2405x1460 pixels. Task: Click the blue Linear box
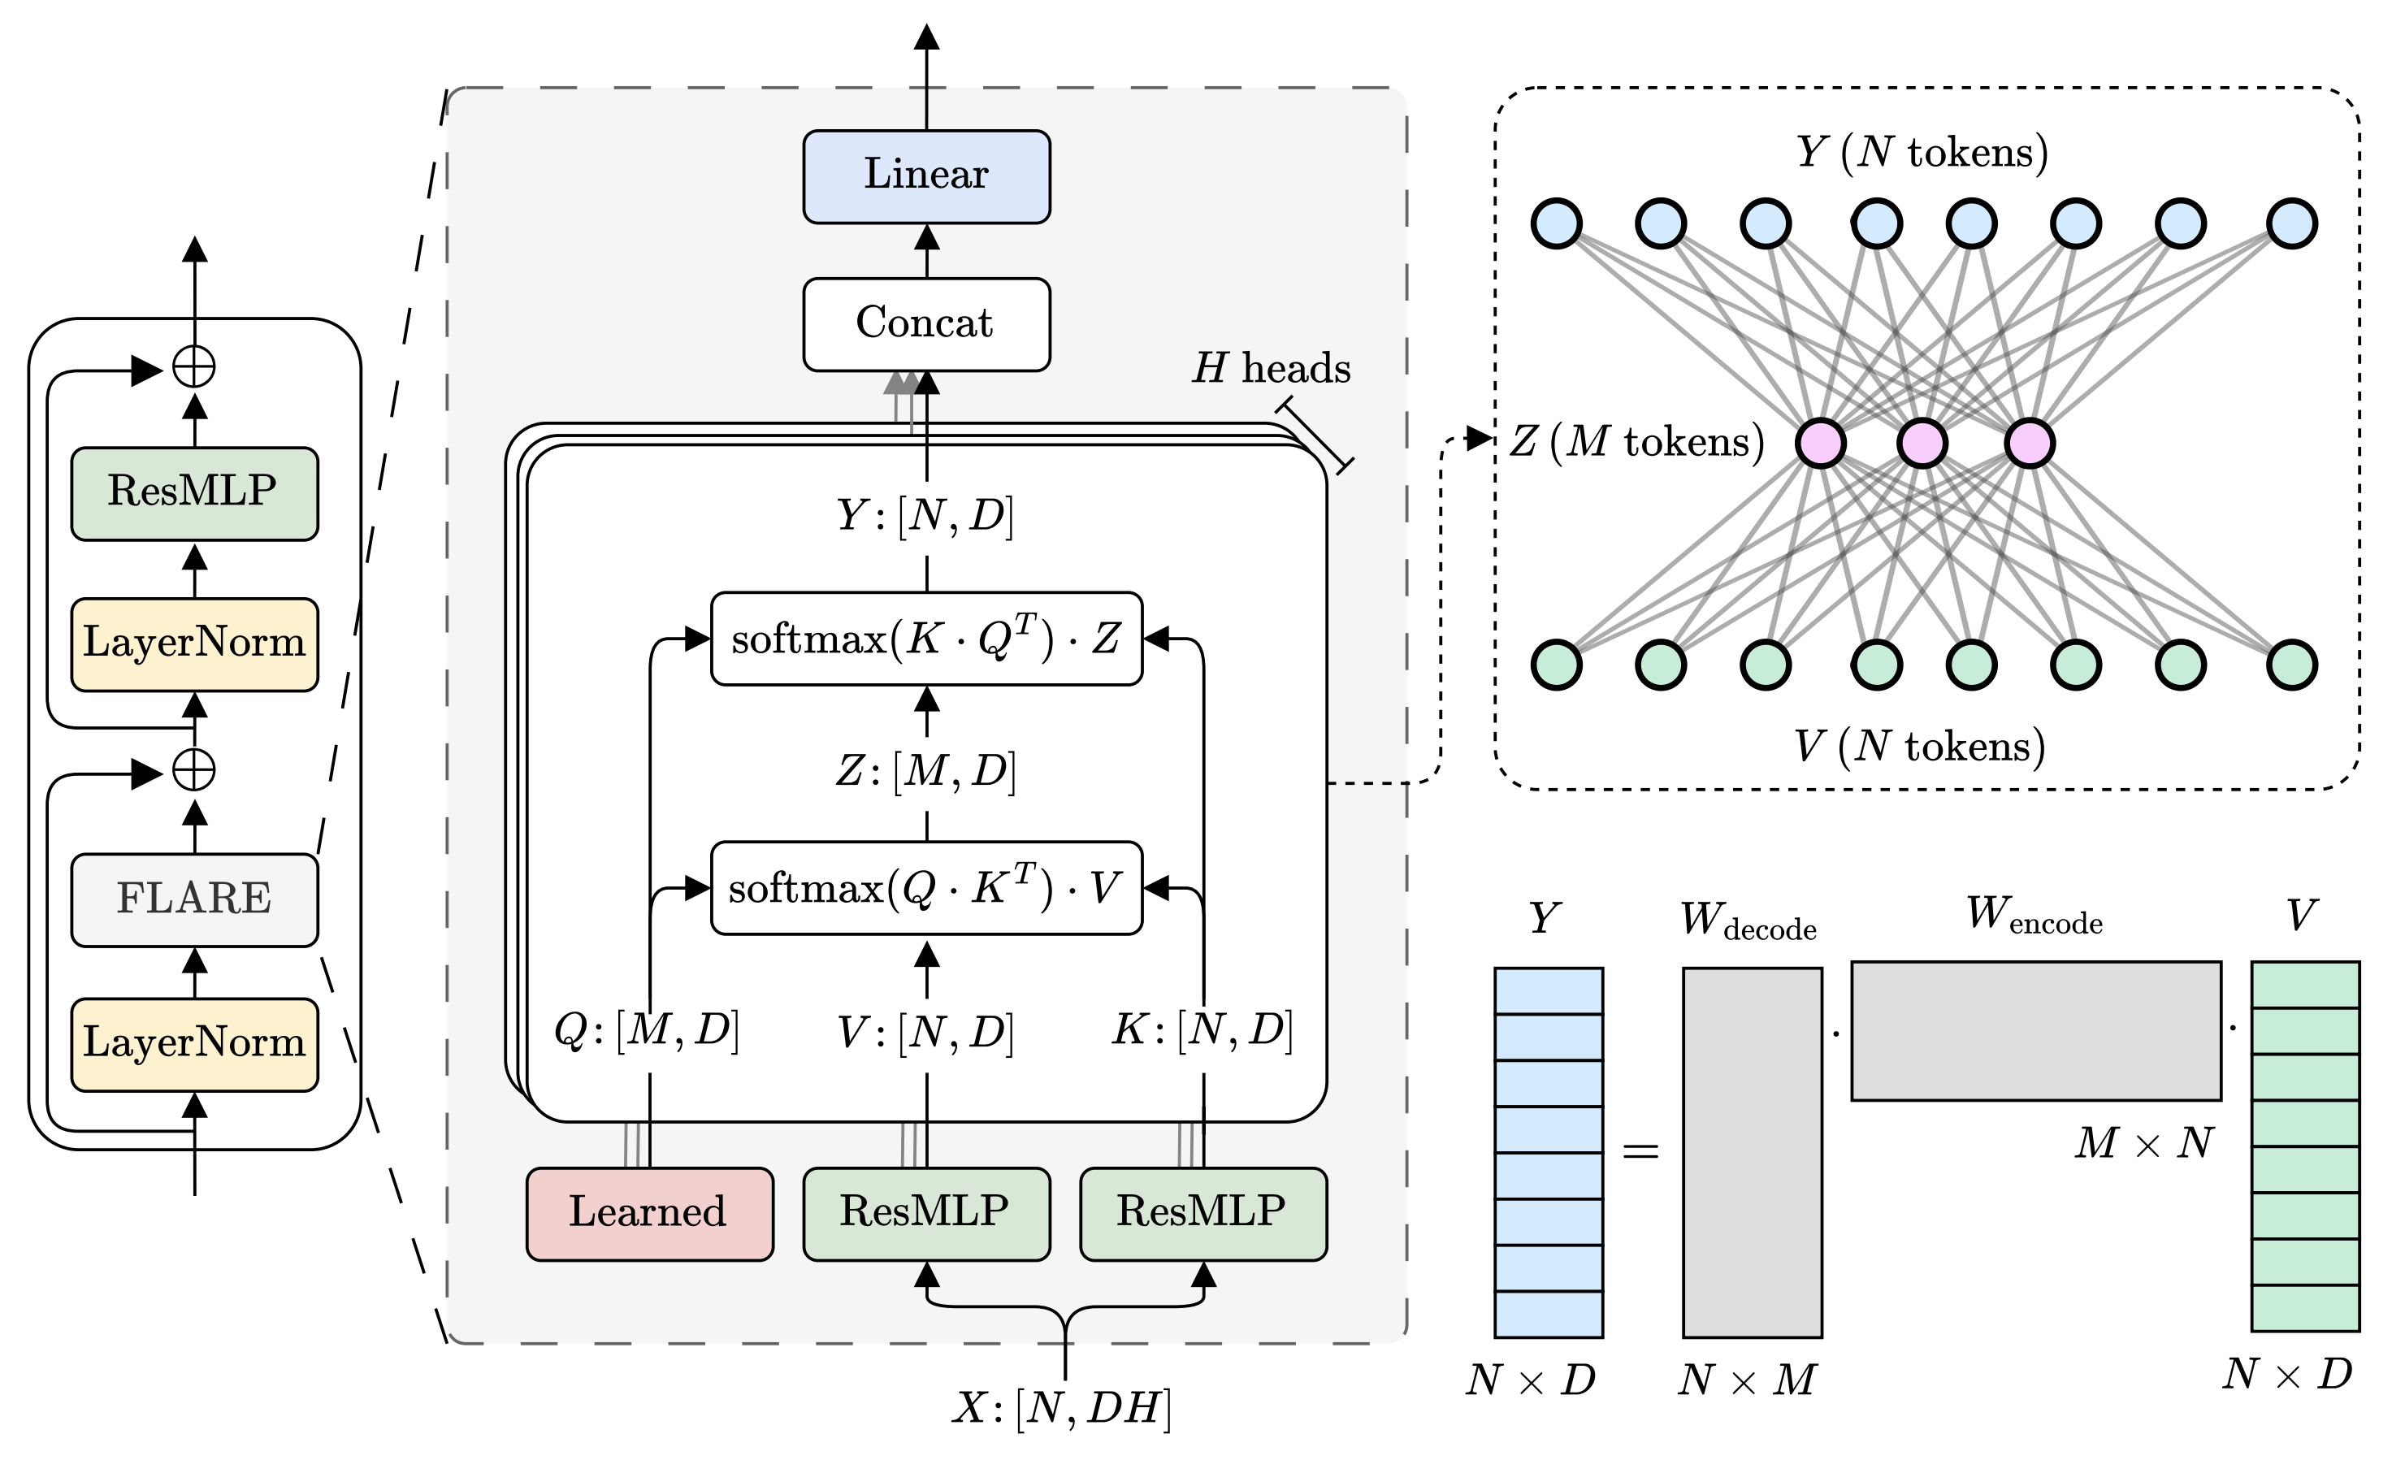click(x=925, y=176)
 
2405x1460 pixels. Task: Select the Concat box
click(x=925, y=324)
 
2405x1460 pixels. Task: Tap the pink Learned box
click(x=649, y=1213)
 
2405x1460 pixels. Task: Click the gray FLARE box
click(x=194, y=899)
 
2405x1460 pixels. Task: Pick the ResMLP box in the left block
click(x=194, y=493)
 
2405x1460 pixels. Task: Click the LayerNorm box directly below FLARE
click(x=194, y=1043)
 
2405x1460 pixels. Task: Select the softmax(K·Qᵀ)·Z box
click(x=925, y=639)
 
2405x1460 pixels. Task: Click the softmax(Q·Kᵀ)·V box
click(x=925, y=887)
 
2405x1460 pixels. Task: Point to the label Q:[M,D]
click(x=647, y=1030)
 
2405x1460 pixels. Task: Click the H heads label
click(x=1271, y=369)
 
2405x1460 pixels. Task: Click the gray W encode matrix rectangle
click(x=2035, y=1030)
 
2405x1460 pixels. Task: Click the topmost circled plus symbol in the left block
click(x=193, y=368)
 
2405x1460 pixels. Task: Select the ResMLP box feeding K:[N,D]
click(x=1202, y=1213)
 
